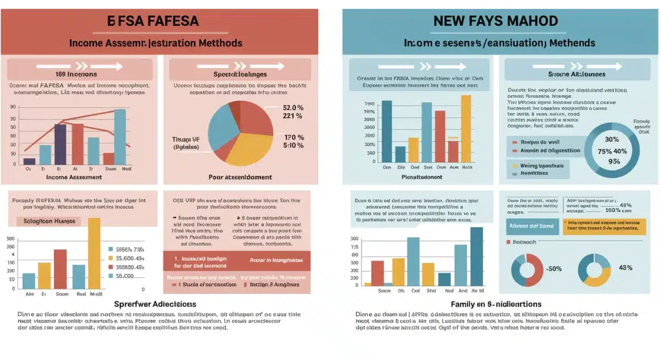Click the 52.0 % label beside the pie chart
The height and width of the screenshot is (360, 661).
[292, 107]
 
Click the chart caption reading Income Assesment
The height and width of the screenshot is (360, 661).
[74, 177]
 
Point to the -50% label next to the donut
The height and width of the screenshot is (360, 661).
[553, 269]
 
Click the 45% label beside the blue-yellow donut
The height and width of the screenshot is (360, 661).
[625, 268]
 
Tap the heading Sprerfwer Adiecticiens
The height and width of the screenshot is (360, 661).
[155, 304]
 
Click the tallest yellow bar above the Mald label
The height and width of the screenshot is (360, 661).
[94, 253]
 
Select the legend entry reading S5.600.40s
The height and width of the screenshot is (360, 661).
[126, 258]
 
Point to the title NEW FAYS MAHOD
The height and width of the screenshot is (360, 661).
[495, 21]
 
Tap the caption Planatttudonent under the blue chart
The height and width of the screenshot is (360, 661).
[422, 177]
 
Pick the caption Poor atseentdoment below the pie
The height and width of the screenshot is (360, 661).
[240, 177]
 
